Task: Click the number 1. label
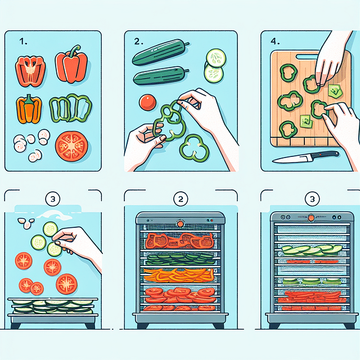tap(23, 42)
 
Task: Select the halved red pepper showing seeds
tap(30, 71)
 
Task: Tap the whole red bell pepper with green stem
tap(71, 65)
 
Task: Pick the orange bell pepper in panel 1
tap(29, 109)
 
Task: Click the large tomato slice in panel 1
tap(71, 146)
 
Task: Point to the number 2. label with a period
tap(139, 42)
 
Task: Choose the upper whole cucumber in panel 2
tap(160, 52)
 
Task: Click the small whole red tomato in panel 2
tap(147, 102)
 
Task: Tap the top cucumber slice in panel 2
tap(216, 58)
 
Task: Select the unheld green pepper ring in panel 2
tap(194, 148)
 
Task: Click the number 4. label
tap(275, 42)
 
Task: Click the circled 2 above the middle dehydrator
tap(181, 199)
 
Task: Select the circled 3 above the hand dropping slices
tap(53, 199)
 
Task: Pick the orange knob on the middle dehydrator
tap(181, 224)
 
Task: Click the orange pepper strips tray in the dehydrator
tap(179, 275)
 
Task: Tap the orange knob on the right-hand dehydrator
tap(311, 218)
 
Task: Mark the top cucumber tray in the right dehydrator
tap(312, 250)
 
